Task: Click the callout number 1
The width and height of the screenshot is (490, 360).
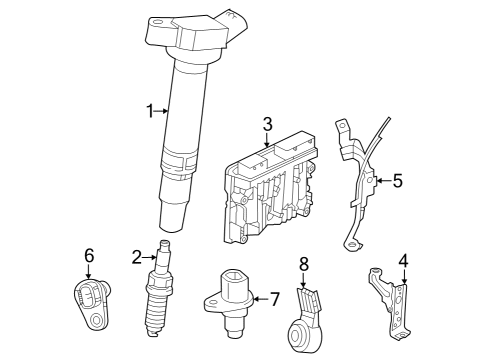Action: tap(151, 111)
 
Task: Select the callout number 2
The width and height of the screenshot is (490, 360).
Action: tap(137, 257)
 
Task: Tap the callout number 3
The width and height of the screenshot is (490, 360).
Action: tap(267, 124)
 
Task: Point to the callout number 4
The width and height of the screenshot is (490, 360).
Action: tap(403, 261)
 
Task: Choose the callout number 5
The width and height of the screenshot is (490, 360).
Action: tap(398, 181)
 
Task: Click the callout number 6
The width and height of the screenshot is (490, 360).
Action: tap(89, 256)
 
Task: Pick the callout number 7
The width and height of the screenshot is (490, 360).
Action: tap(274, 299)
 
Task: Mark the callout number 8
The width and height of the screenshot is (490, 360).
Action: tap(304, 265)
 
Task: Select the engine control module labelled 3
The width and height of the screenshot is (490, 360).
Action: tap(270, 188)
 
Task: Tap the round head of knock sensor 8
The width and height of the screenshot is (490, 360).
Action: tap(298, 333)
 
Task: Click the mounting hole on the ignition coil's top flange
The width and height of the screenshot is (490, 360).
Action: tap(157, 23)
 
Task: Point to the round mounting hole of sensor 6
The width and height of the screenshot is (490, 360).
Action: tap(96, 320)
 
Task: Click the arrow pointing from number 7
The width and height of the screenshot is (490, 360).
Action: tap(260, 299)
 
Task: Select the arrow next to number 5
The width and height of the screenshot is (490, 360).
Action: tap(383, 181)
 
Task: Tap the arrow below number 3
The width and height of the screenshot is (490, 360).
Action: tap(267, 139)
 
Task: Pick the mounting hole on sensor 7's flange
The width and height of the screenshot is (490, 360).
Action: tap(211, 304)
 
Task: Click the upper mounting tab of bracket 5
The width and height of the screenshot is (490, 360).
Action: tap(342, 128)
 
